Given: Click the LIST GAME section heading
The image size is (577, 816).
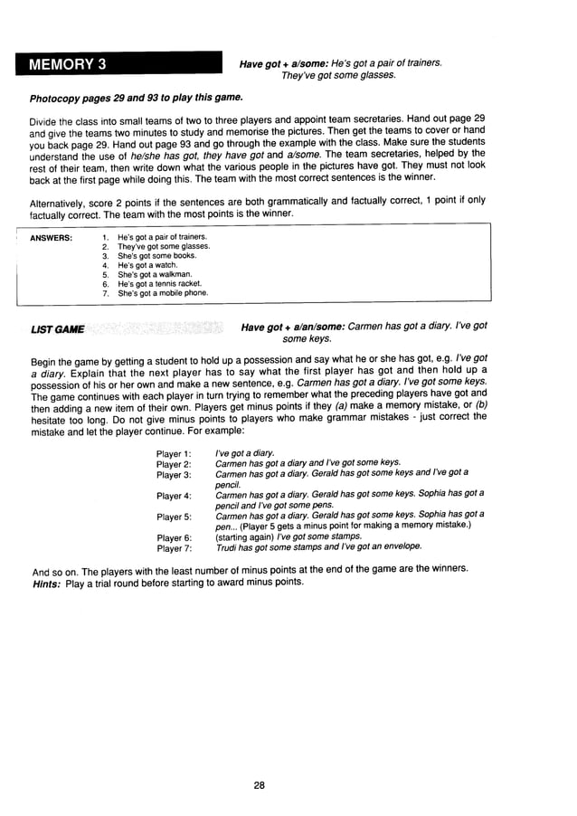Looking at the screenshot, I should coord(57,328).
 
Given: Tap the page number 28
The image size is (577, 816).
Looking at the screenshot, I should coord(259,785).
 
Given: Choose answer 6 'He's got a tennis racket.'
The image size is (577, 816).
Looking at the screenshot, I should coord(160,283).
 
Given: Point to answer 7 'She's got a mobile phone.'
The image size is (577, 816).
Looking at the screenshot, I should coord(163,293).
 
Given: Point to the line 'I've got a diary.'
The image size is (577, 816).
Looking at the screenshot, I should coord(245,453).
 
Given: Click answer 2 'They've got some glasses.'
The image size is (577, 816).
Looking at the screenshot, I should coord(164,246).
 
